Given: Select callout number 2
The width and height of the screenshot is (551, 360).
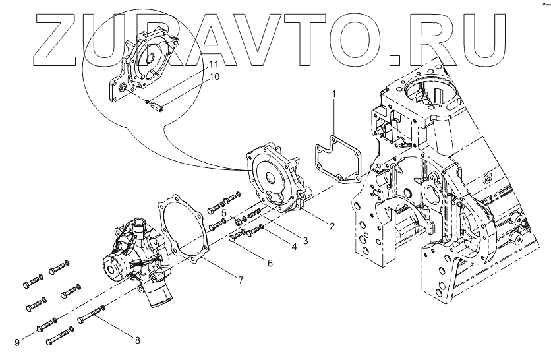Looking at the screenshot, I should tap(332, 225).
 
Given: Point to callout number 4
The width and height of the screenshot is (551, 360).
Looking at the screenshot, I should tap(294, 247).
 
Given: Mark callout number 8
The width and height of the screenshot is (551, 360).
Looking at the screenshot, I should tap(137, 340).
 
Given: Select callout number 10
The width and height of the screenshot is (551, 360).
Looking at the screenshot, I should tap(214, 76).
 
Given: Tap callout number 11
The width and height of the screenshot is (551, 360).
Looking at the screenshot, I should tap(214, 64).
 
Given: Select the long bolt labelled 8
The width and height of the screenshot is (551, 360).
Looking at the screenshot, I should tap(92, 316).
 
